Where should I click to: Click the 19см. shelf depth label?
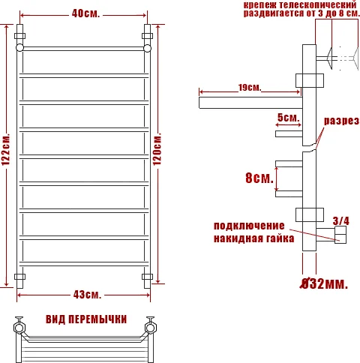point(249,88)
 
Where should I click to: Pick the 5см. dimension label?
point(288,118)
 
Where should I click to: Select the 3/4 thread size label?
point(341,220)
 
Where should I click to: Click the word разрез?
point(341,121)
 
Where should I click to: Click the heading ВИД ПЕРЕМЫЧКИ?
point(85,319)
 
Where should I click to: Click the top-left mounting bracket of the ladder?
point(20,34)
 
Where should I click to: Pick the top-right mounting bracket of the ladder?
point(147,34)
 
